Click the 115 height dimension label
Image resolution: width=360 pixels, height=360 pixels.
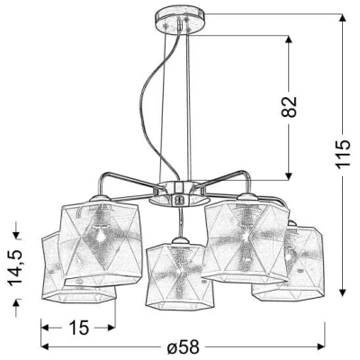coord(343,153)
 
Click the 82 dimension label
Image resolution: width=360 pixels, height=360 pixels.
coord(289,106)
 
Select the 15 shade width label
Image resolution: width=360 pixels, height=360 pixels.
coord(79,327)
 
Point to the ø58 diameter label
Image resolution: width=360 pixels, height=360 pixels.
coord(183,347)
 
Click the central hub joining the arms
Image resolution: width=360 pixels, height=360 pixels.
coord(179,193)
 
